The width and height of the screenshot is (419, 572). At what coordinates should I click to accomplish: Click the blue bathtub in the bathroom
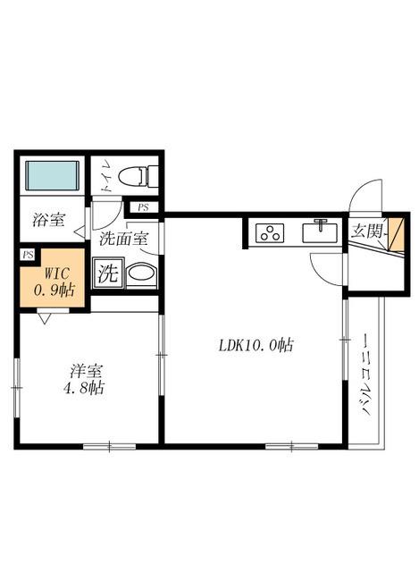click(53, 175)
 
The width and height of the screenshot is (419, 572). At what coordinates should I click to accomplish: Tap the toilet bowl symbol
click(138, 177)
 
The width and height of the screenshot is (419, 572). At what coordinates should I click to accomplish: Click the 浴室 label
click(49, 220)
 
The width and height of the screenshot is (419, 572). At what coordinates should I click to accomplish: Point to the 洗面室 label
click(123, 239)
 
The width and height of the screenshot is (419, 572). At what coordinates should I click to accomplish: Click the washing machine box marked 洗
click(108, 273)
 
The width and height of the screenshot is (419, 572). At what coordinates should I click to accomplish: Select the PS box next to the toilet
click(143, 207)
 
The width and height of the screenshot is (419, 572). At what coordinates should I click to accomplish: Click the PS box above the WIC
click(28, 255)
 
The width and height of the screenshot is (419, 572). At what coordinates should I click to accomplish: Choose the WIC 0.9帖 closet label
click(54, 282)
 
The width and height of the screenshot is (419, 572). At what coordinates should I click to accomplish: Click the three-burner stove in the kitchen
click(270, 233)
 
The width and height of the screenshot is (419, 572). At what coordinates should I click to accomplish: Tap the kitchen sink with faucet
click(320, 231)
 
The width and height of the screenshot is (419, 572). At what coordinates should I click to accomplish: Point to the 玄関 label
click(367, 231)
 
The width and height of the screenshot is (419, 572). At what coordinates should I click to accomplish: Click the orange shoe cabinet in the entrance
click(396, 234)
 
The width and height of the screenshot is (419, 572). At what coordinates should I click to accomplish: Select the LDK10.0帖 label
click(256, 345)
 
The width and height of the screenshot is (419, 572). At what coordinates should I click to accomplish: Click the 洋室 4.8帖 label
click(84, 380)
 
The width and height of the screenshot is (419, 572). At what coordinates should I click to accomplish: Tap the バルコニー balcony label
click(365, 374)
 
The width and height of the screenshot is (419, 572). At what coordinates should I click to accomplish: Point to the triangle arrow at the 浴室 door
click(80, 231)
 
